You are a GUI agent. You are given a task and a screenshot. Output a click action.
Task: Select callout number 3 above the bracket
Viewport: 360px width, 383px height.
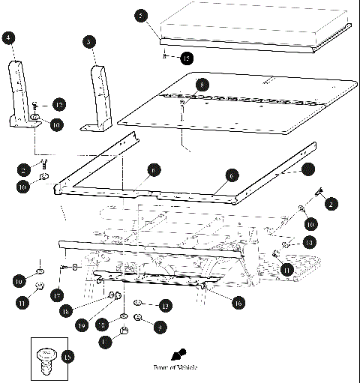point(90,43)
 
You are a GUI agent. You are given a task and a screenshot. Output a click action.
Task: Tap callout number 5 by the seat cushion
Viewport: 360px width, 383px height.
point(140,15)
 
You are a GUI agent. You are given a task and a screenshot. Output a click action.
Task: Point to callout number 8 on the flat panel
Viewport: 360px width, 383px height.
point(200,85)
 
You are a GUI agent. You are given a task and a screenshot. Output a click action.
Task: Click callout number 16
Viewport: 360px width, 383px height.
point(238,303)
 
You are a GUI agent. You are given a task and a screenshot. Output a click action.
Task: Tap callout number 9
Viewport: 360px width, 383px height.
point(160,327)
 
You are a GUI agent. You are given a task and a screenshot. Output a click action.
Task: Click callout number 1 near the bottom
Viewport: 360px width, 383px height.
point(104,341)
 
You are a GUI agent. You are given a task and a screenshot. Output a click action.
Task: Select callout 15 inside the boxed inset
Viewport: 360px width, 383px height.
point(67,357)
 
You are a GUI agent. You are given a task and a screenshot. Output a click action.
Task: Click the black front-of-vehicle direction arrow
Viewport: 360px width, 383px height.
point(178,354)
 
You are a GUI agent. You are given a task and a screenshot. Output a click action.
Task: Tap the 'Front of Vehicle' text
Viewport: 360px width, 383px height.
point(169,368)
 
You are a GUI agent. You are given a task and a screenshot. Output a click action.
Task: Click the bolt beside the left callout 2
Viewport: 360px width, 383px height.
point(45,162)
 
